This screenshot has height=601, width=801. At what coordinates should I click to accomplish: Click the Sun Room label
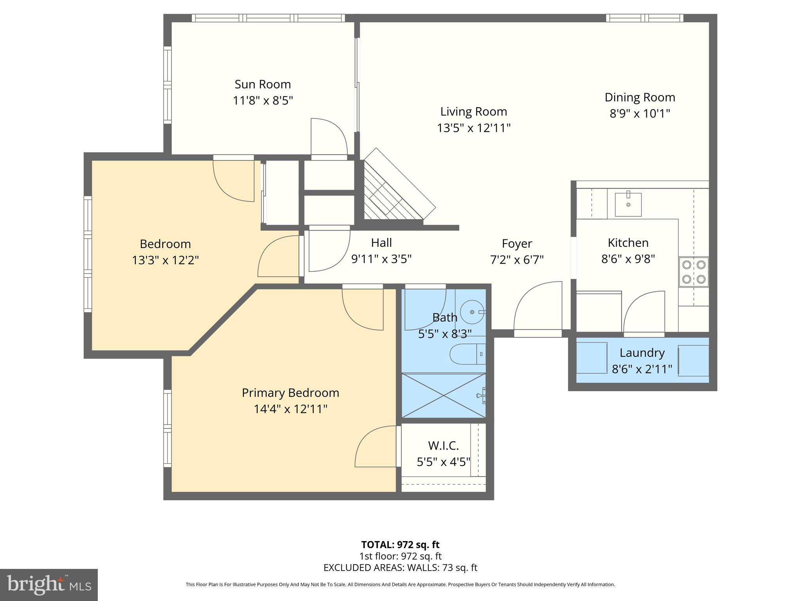(x=262, y=84)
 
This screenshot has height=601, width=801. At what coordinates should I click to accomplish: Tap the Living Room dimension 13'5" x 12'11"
(x=474, y=128)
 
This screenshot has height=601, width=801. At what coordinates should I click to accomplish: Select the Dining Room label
(x=640, y=97)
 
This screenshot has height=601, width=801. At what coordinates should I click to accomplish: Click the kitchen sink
(x=628, y=204)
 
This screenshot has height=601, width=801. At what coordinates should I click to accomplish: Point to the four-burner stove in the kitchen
(x=693, y=272)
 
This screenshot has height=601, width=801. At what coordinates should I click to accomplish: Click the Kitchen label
(x=628, y=243)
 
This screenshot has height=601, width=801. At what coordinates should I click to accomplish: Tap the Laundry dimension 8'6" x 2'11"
(x=642, y=369)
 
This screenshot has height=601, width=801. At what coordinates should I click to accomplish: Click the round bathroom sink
(x=472, y=312)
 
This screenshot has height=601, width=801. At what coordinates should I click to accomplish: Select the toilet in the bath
(x=468, y=354)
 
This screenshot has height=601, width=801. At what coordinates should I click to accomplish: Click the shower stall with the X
(x=444, y=395)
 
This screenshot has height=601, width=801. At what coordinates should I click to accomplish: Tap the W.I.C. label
(x=443, y=445)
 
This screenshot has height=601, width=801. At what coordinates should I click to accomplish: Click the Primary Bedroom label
(x=290, y=393)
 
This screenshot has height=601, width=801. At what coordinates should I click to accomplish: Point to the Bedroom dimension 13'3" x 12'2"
(x=165, y=260)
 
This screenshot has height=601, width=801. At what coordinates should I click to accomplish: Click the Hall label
(x=381, y=243)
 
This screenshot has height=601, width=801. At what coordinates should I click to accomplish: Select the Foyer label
(x=517, y=243)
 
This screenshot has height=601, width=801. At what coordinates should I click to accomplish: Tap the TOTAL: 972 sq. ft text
(x=400, y=545)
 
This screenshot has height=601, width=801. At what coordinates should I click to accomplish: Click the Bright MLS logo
(x=49, y=585)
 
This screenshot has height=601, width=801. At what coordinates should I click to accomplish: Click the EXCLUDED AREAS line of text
(x=400, y=567)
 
